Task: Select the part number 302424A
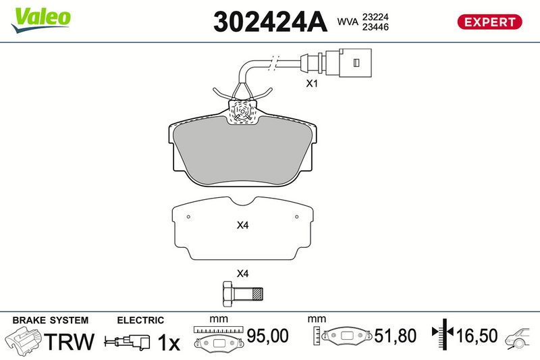tap(269, 22)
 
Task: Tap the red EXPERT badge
tap(490, 22)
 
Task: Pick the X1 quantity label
tap(312, 84)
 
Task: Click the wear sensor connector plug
tap(354, 61)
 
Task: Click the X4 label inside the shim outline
tap(243, 226)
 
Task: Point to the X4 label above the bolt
tap(243, 274)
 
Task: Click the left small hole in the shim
tap(189, 217)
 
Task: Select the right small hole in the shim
tap(296, 217)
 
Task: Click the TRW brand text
tap(70, 341)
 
